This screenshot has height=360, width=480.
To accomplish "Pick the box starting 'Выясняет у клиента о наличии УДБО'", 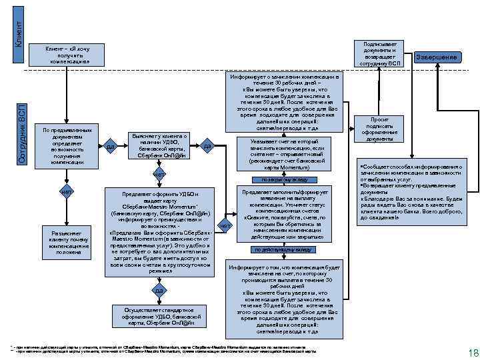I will pyautogui.click(x=157, y=145).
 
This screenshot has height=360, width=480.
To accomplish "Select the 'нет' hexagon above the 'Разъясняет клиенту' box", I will pyautogui.click(x=65, y=193).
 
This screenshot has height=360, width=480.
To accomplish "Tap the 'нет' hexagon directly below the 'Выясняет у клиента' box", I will pyautogui.click(x=159, y=175).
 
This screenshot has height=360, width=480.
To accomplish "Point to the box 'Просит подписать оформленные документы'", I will pyautogui.click(x=380, y=129).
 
